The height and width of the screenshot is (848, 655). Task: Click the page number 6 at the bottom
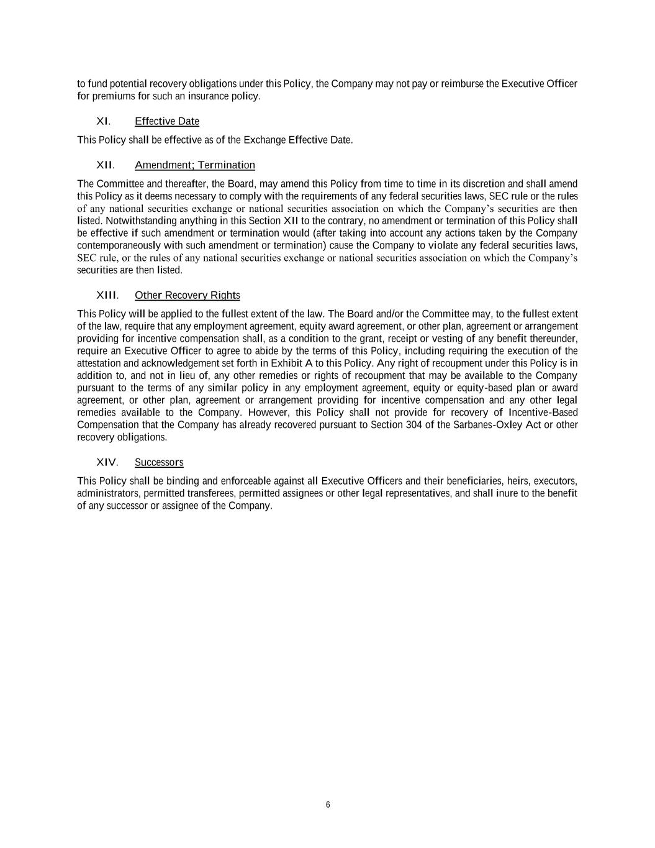328,805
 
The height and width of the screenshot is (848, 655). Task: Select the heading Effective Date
166,121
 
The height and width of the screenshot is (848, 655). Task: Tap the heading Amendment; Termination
194,165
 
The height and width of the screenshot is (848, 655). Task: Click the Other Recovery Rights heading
187,295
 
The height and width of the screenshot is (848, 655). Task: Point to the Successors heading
159,462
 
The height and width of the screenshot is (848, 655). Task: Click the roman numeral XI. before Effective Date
103,121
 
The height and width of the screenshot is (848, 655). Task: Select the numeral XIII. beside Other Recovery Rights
107,295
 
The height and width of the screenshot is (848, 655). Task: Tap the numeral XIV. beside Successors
107,462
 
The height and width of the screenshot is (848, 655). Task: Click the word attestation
99,363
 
